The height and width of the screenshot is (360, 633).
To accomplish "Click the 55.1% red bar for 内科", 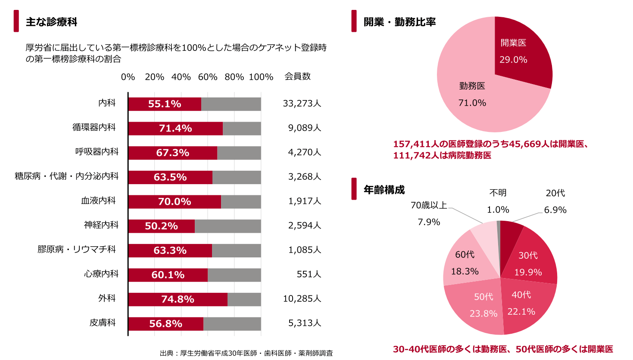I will [165, 104].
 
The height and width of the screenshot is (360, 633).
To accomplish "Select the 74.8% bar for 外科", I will [178, 299].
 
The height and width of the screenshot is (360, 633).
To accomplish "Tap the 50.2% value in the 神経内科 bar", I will [161, 226].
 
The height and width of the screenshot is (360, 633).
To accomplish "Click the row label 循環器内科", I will [94, 127].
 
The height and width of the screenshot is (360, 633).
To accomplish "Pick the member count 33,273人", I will [302, 103].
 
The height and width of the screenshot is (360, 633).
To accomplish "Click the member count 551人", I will [309, 274].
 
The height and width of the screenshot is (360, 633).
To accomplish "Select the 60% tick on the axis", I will [207, 77].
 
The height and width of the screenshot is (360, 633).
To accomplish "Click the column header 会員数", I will [297, 76].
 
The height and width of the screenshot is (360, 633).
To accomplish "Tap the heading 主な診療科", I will [51, 22].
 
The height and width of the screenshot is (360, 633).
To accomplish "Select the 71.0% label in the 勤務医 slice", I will [472, 103].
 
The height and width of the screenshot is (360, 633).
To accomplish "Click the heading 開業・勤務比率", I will [399, 22].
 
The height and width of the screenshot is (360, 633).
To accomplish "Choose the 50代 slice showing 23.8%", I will [478, 306].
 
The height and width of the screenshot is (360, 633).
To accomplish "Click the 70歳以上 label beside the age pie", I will [429, 205].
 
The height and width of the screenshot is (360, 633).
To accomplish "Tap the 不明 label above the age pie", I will [498, 193].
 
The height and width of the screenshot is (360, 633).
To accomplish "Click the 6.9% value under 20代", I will [555, 210].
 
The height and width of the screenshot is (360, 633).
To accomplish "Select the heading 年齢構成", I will [384, 190].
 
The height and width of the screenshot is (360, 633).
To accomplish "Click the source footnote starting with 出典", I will [246, 353].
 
